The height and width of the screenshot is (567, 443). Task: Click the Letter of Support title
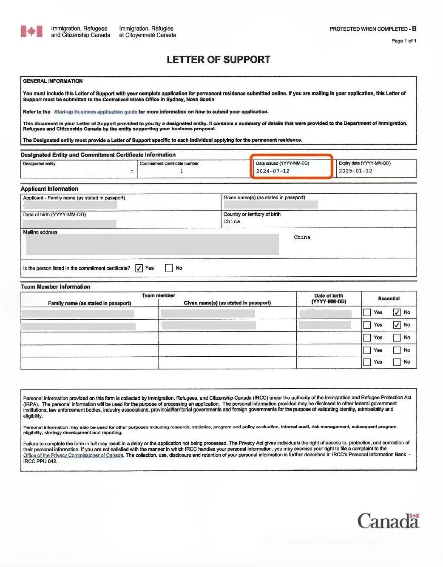coord(218,60)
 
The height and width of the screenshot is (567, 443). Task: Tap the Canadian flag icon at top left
coord(31,31)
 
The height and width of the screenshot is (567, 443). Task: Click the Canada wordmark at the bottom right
coord(388,521)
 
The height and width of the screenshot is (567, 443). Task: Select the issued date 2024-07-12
coord(273,171)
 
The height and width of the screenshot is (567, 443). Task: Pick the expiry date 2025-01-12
coord(355,171)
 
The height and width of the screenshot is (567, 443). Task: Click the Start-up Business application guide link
coord(95,112)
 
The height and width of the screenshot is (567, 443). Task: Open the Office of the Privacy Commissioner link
coord(73,455)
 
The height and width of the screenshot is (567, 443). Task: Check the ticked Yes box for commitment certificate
coord(139,268)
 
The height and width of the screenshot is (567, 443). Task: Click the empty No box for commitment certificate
coord(169,268)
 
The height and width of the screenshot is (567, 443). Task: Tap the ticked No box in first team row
coord(397,312)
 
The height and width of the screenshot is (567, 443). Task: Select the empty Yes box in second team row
coord(367,325)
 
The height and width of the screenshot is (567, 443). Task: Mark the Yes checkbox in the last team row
coord(367,362)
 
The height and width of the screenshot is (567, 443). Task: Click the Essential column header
coord(389,298)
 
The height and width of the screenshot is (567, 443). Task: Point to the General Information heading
coord(53,81)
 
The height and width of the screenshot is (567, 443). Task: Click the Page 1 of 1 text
coord(403,41)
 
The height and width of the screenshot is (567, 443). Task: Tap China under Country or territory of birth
coord(232,222)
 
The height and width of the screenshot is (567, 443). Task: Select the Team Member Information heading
coord(55,287)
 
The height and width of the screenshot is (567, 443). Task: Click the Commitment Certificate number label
coord(169,163)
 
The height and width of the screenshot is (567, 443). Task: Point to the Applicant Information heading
coord(49,189)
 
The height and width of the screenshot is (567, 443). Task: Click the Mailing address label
coord(40,232)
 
